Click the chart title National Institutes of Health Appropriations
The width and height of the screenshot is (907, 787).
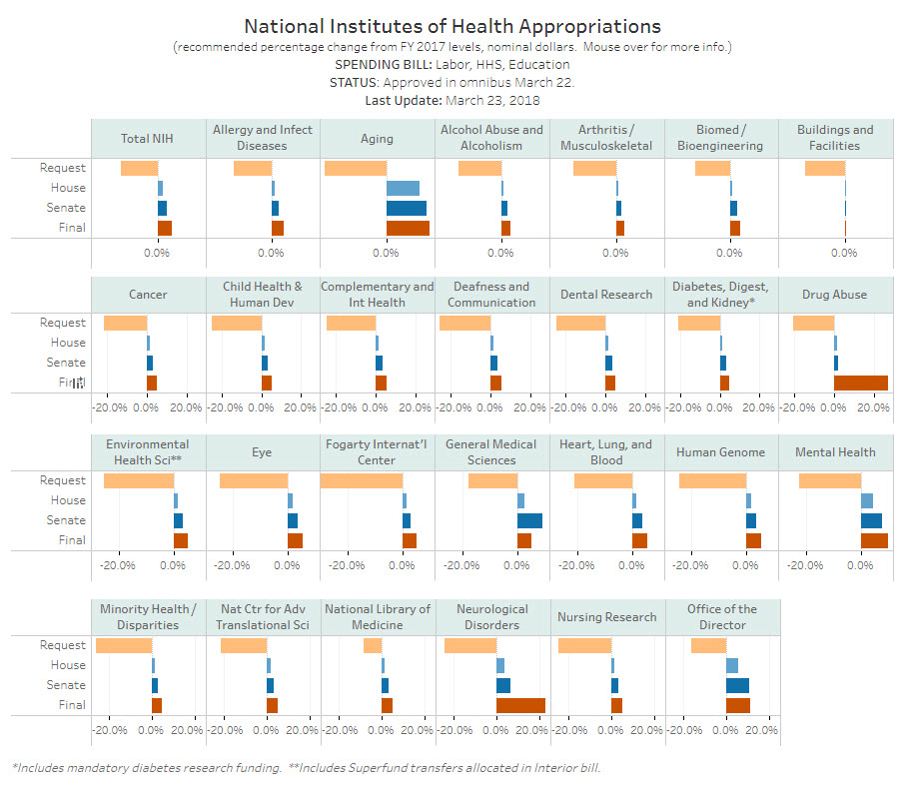click(x=453, y=26)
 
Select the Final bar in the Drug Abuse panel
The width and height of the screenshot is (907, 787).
click(x=860, y=383)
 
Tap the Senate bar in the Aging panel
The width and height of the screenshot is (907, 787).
click(x=406, y=208)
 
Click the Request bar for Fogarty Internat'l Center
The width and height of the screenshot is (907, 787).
click(x=361, y=480)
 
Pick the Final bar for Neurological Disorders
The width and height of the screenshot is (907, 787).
click(x=520, y=705)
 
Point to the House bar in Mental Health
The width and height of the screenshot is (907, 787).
click(x=866, y=500)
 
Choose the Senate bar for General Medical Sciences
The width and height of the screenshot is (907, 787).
click(x=529, y=520)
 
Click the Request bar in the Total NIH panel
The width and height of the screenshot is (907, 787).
click(x=139, y=168)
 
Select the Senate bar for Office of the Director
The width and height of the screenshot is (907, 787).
click(x=737, y=685)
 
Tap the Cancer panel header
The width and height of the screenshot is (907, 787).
click(x=148, y=295)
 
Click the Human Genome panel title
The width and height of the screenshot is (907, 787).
click(x=720, y=452)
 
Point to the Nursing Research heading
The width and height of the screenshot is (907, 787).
click(x=606, y=617)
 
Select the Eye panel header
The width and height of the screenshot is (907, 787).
click(x=262, y=452)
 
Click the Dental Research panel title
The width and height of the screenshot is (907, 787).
click(x=606, y=295)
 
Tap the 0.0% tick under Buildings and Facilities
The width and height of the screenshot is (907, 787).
click(x=844, y=253)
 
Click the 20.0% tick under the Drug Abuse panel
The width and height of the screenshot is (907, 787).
click(x=874, y=407)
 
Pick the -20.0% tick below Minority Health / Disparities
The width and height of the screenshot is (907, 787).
click(x=109, y=730)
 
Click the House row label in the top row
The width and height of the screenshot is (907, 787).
click(x=69, y=188)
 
